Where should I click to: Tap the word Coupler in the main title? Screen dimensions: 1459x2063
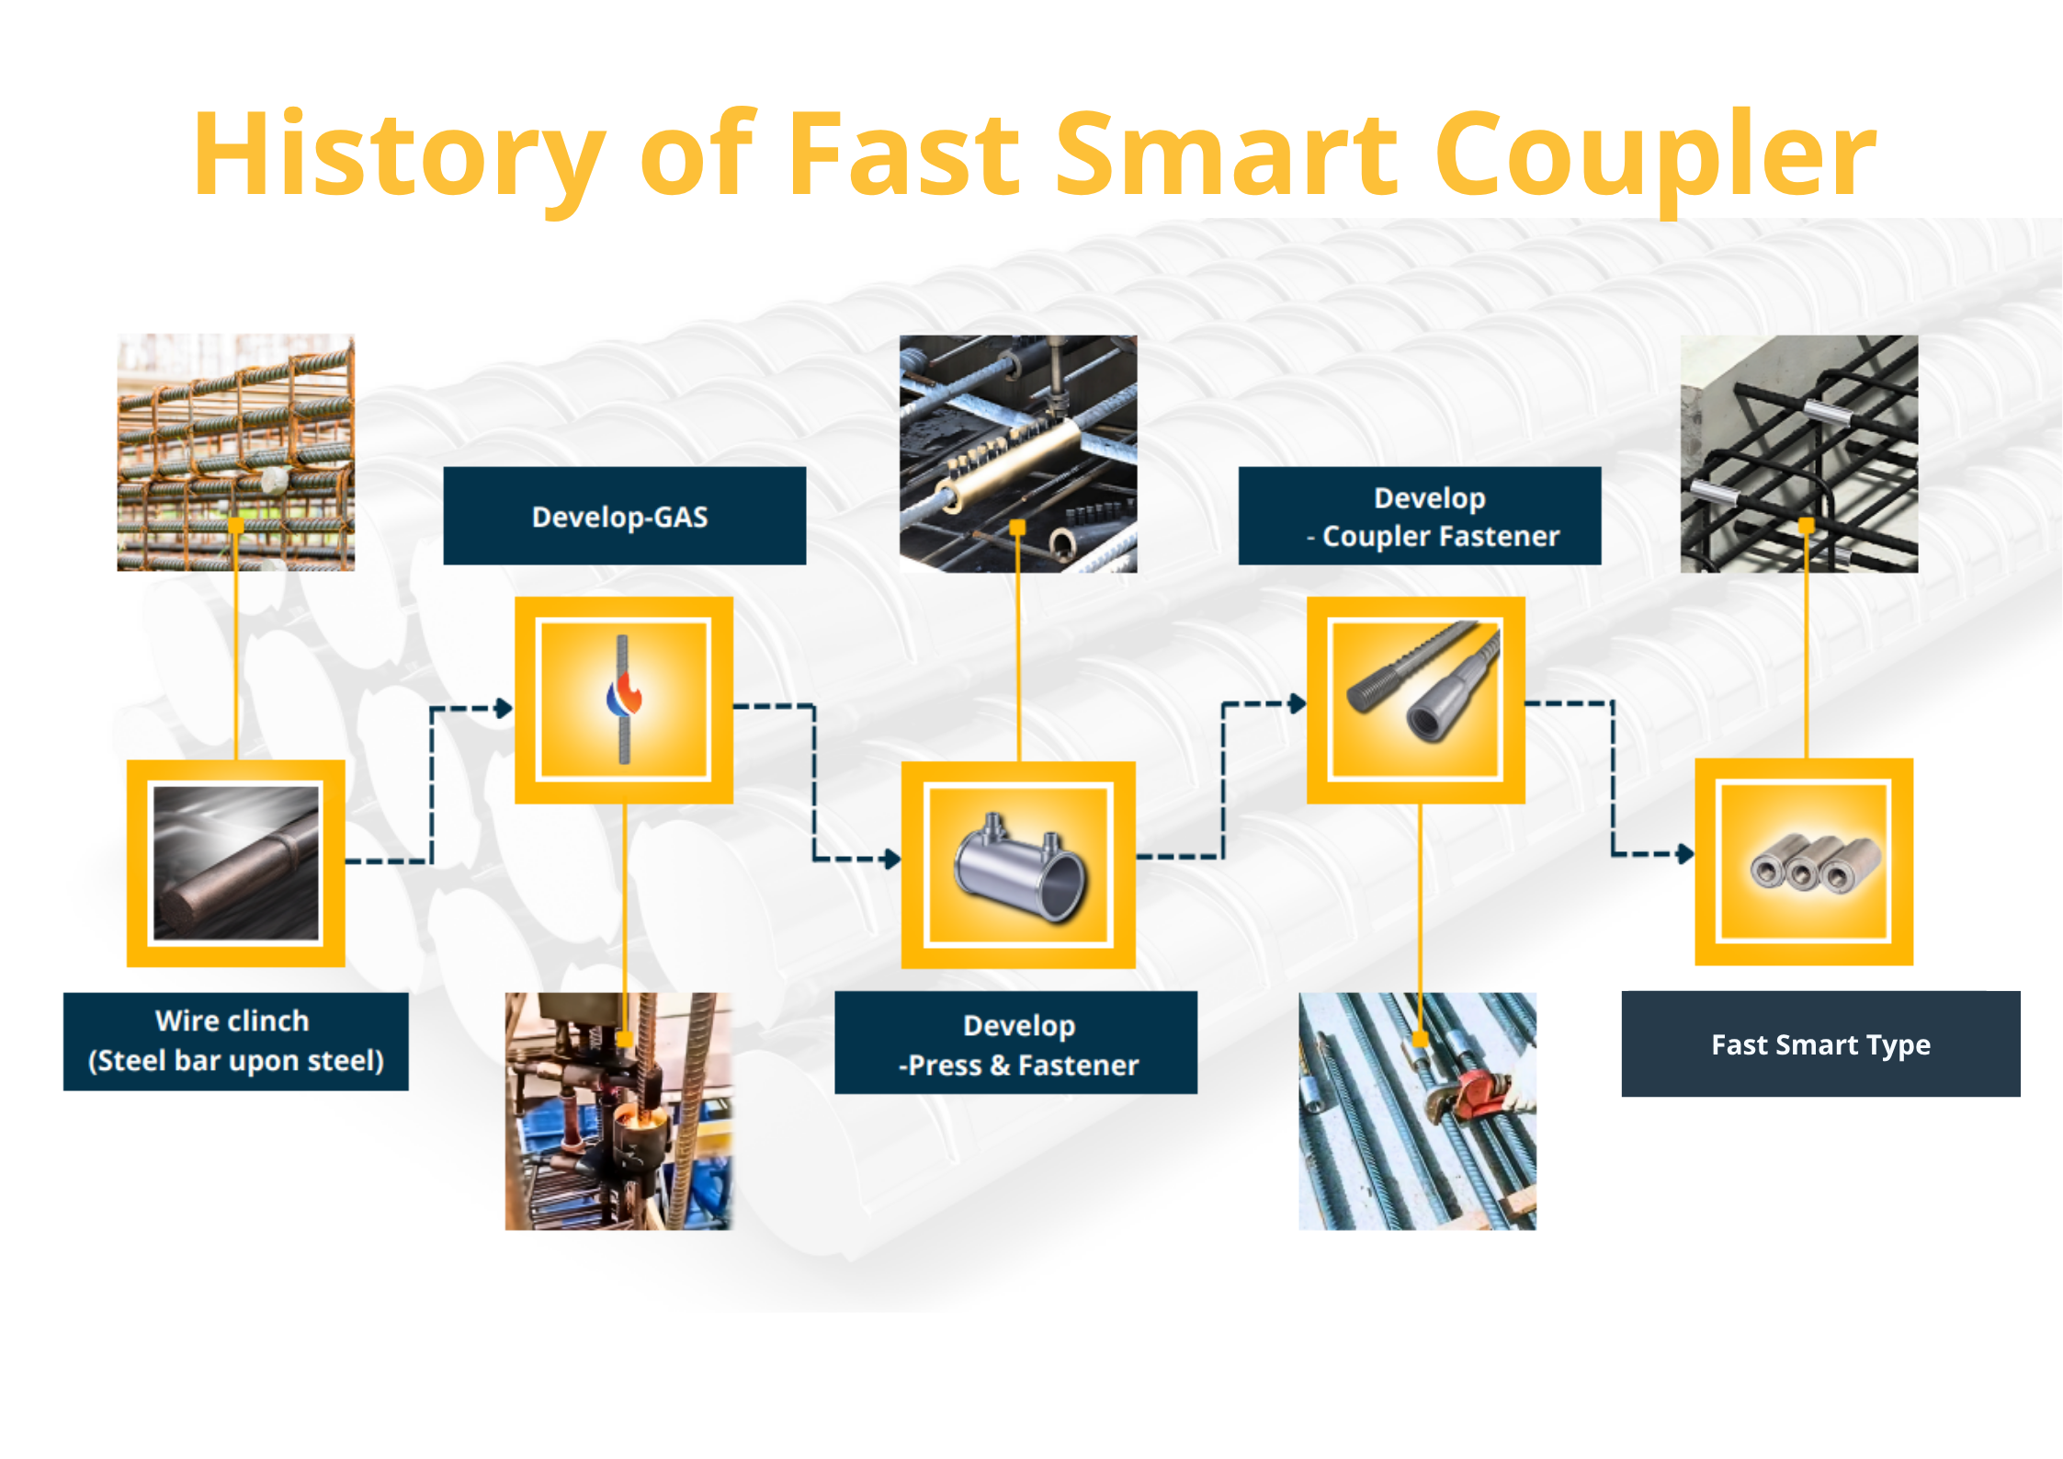click(x=1654, y=156)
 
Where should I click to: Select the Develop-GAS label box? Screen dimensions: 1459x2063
click(x=624, y=516)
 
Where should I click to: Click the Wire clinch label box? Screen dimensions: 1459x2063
click(x=235, y=1041)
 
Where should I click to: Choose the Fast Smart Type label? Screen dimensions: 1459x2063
click(x=1819, y=1044)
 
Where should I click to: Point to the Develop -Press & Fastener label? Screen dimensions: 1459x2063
click(x=1015, y=1043)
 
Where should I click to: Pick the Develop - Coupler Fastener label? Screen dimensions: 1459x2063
click(x=1419, y=516)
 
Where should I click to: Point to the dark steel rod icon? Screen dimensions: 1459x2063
click(x=235, y=862)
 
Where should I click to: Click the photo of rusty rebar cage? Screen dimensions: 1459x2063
click(x=235, y=452)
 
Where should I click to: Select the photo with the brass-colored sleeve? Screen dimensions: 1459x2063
click(x=1018, y=453)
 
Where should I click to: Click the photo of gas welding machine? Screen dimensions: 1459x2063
click(x=618, y=1111)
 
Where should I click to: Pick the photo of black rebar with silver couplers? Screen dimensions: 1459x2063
click(x=1799, y=453)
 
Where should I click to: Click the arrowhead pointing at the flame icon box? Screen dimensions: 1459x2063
click(x=504, y=708)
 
